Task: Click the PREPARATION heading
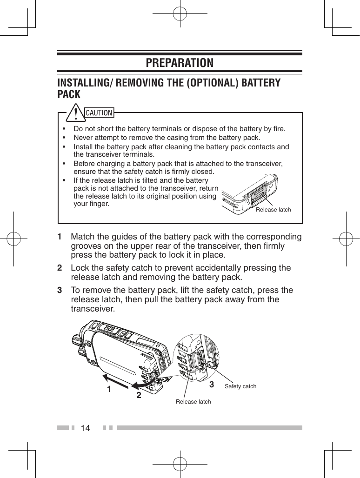coord(180,62)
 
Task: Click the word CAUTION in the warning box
coord(100,113)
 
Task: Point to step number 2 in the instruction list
coord(60,268)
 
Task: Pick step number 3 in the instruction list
coord(60,291)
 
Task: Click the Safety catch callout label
coord(240,386)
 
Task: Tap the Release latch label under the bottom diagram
coord(193,401)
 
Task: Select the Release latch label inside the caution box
coord(273,210)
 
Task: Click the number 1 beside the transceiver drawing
coord(108,389)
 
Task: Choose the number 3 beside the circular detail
coord(212,385)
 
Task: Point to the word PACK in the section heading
coord(69,94)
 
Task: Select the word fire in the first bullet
coord(278,128)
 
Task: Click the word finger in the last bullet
coord(100,204)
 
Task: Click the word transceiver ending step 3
coord(92,309)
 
